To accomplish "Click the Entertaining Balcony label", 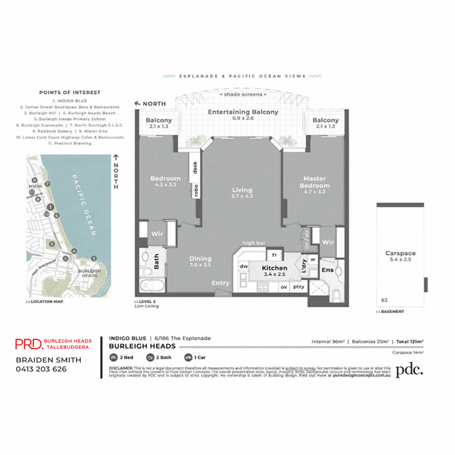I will click(243, 112).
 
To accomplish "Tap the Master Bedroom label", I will click(315, 182).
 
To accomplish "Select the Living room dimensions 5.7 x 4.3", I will click(242, 196).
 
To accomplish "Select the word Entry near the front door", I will click(221, 283).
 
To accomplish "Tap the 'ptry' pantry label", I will click(298, 288).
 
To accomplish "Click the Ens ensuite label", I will click(328, 270).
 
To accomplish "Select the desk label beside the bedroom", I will click(195, 167).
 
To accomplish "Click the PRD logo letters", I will click(27, 344).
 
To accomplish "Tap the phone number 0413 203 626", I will click(41, 369).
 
